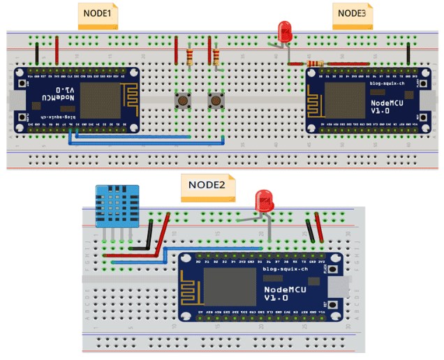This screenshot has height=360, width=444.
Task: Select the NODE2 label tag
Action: pos(208,186)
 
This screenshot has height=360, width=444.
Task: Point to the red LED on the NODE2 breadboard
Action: pos(265,202)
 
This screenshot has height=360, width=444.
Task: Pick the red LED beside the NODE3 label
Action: pos(285,31)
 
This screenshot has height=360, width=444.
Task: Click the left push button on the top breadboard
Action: pos(183,102)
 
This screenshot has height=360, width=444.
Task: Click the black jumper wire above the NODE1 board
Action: pos(36,53)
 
